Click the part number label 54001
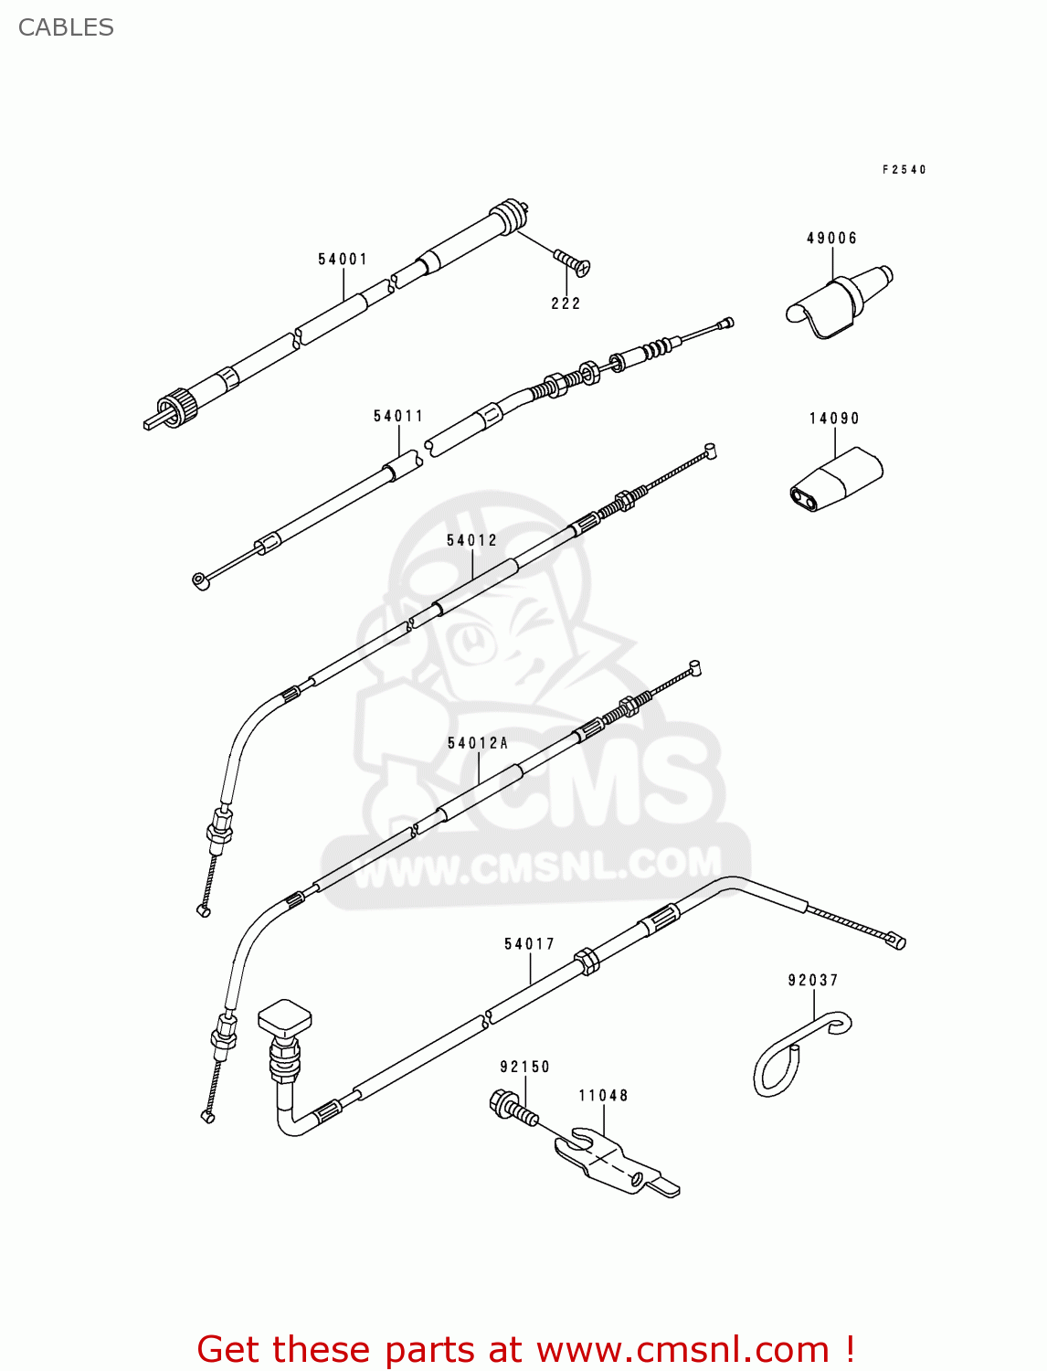click(343, 260)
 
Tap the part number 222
click(566, 303)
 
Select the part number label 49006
click(831, 239)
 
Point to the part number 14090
click(834, 419)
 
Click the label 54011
click(398, 417)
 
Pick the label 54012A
click(478, 743)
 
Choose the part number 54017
click(529, 944)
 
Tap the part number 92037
click(813, 981)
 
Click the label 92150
click(524, 1067)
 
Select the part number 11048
click(603, 1095)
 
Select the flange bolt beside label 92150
click(513, 1107)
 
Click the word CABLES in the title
click(66, 27)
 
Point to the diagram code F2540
click(904, 170)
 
